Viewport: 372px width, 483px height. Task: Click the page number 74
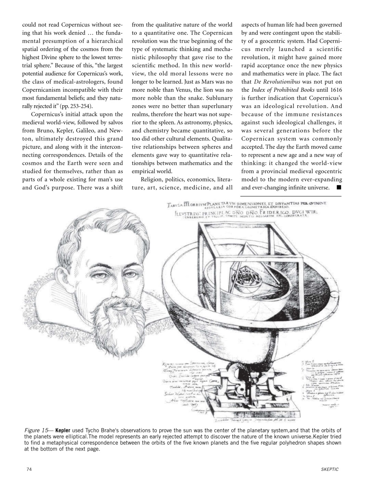coord(29,469)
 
